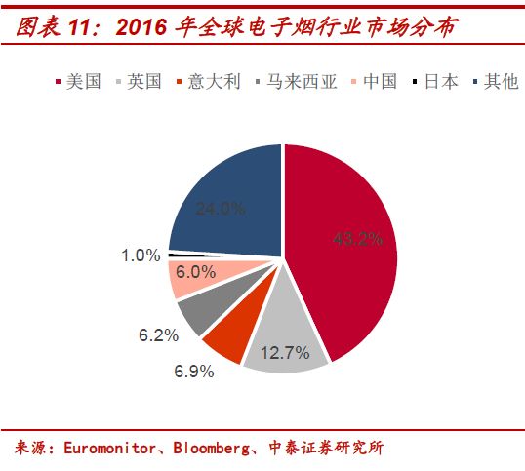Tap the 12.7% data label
[x=284, y=353]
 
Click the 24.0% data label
[x=220, y=208]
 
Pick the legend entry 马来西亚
[x=296, y=82]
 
